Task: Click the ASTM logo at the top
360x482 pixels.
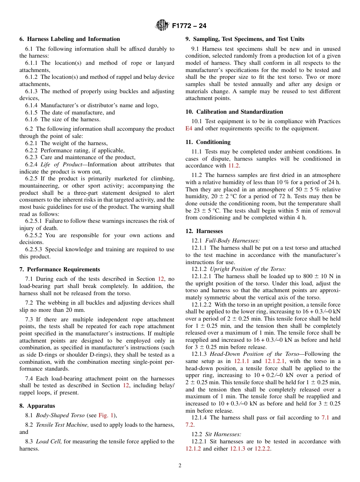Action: [162, 26]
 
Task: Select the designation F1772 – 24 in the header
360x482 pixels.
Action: [189, 26]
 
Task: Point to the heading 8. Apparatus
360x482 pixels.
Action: [37, 406]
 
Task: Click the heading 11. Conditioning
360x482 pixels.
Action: [208, 142]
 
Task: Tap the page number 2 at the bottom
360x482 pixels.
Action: [180, 466]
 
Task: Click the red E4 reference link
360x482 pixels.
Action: [189, 128]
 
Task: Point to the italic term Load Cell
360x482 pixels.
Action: [48, 441]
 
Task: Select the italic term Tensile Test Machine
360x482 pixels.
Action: [62, 425]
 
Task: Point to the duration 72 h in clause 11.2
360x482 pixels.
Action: [281, 196]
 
